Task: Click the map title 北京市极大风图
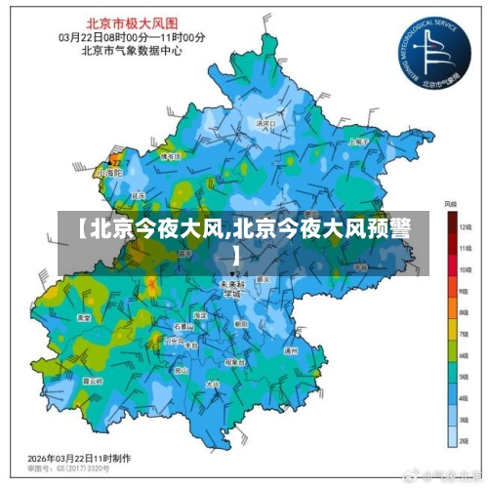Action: [x=133, y=20]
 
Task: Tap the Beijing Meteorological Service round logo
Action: [x=434, y=48]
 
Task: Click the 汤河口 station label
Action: [x=262, y=124]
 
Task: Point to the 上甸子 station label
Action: [x=357, y=142]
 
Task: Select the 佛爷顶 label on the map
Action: [x=170, y=155]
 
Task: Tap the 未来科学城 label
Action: [x=232, y=286]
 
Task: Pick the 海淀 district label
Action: [x=199, y=315]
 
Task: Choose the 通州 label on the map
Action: [x=290, y=348]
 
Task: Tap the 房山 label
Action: [x=181, y=371]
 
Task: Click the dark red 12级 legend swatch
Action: [x=454, y=224]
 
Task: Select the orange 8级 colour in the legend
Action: [x=454, y=311]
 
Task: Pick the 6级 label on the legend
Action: [x=466, y=356]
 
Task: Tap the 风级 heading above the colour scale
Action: [x=451, y=204]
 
